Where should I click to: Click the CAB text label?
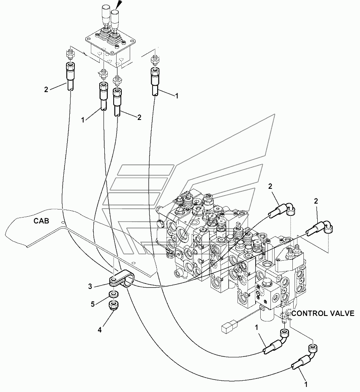click(x=41, y=221)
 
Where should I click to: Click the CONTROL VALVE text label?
click(x=323, y=313)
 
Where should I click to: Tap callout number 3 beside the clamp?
click(x=90, y=286)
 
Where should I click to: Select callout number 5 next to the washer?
click(x=93, y=304)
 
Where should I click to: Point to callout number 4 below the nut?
click(x=99, y=330)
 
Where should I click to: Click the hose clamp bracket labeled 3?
click(x=121, y=280)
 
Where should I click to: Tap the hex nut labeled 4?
click(x=114, y=305)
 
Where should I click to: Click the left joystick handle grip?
click(x=104, y=12)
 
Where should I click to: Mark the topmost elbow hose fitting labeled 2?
click(x=283, y=210)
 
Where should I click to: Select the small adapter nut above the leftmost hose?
click(x=70, y=54)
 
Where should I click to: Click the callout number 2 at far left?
click(x=46, y=90)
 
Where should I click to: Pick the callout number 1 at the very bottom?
click(x=306, y=384)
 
